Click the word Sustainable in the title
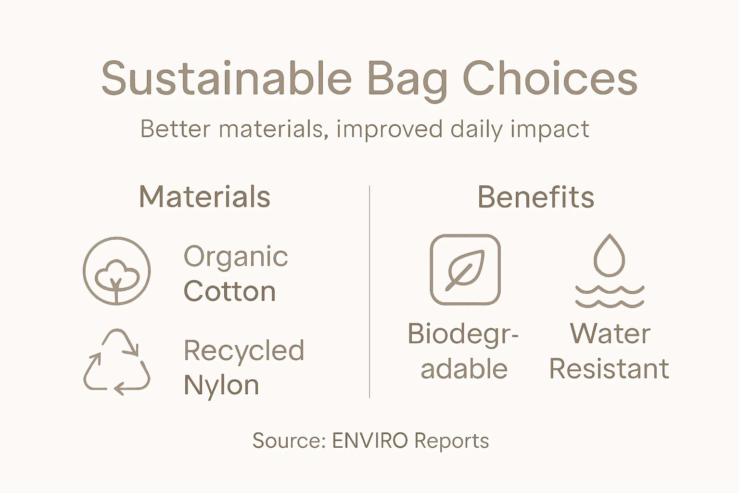226,78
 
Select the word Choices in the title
550,78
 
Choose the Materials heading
204,197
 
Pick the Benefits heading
535,197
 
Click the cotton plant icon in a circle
116,271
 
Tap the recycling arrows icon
116,362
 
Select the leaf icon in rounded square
465,270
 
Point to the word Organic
236,257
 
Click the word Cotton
229,291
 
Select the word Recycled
244,350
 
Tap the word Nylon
221,386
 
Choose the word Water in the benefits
610,334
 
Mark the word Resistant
609,369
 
